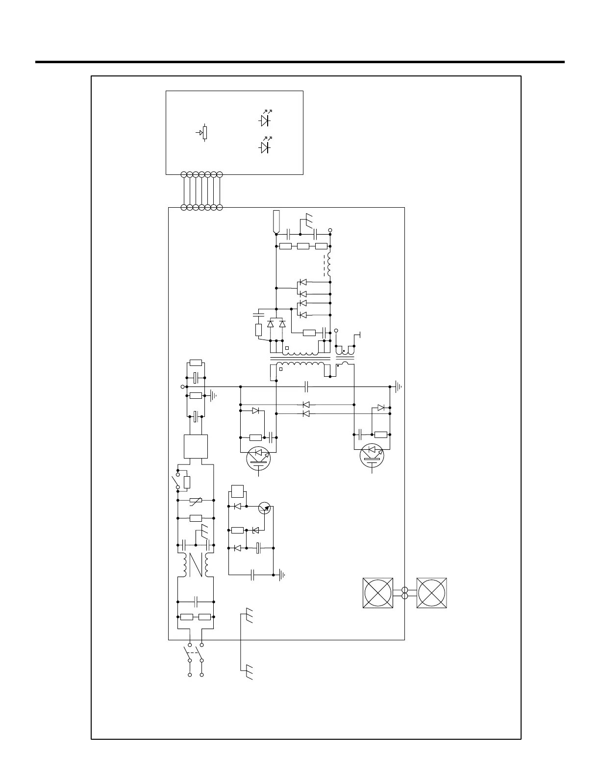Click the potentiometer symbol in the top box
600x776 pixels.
coord(204,132)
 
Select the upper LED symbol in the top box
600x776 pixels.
coord(265,120)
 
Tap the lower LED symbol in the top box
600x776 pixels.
coord(265,147)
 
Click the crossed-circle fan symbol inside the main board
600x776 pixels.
coord(378,593)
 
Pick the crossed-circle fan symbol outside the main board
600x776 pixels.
coord(432,593)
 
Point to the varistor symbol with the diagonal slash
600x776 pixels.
coord(196,500)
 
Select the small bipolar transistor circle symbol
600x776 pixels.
coord(265,508)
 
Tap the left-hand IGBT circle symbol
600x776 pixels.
coord(259,459)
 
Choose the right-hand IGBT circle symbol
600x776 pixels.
coord(372,456)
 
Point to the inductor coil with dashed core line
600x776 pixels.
coord(329,265)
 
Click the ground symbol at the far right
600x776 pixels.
coord(399,387)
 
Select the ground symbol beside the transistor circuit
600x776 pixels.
coord(281,575)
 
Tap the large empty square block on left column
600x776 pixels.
coord(196,446)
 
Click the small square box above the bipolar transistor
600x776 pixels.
coord(238,491)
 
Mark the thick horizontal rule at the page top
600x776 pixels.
coord(300,62)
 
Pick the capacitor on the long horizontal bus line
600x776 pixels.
coord(306,387)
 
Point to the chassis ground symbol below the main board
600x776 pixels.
coord(248,669)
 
